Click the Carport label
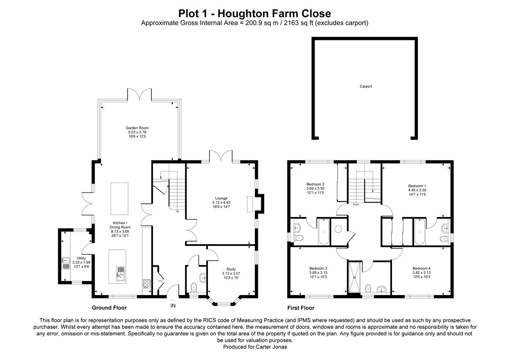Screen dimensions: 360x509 [366, 86]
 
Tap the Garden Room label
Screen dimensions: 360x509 [137, 128]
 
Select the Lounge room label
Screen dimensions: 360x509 [221, 198]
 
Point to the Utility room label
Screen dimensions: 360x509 [81, 258]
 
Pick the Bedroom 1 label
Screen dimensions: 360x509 [417, 186]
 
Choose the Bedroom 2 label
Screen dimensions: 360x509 [315, 184]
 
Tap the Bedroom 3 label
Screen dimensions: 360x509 [318, 268]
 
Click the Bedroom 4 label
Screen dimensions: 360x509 [421, 268]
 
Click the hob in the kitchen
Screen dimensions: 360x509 [147, 283]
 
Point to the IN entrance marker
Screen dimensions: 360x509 [173, 305]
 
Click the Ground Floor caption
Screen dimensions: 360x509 [109, 308]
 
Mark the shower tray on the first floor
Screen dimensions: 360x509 [355, 278]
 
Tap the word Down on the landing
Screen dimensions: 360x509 [356, 204]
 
